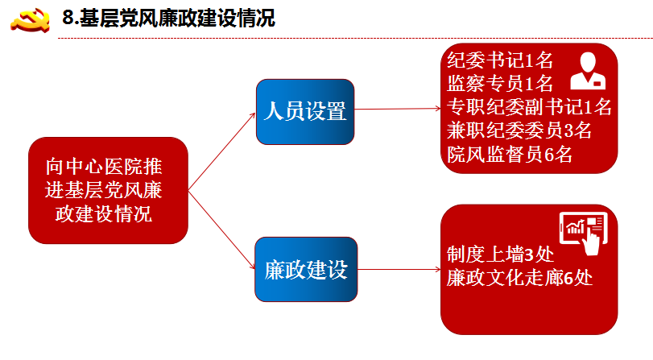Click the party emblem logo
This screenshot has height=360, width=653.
click(30, 19)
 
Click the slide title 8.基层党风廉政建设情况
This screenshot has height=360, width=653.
click(168, 19)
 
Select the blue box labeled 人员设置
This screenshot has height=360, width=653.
click(305, 112)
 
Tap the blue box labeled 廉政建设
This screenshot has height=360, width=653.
click(306, 269)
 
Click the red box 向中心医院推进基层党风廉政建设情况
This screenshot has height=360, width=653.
click(108, 190)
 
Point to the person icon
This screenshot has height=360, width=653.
click(588, 71)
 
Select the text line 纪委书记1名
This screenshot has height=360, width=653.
click(500, 60)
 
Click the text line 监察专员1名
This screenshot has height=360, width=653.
click(500, 84)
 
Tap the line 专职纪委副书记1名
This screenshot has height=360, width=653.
click(529, 107)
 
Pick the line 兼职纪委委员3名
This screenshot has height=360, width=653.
click(519, 130)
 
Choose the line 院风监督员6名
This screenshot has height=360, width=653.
click(510, 154)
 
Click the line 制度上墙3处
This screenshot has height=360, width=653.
click(500, 254)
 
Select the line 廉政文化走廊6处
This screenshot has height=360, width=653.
click(519, 278)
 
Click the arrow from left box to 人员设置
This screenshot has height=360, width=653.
click(221, 151)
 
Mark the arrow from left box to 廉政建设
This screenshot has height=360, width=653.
click(221, 230)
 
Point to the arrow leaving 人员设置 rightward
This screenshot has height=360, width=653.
click(397, 109)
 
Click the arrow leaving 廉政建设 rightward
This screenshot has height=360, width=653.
click(399, 269)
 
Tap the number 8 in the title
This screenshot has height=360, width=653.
click(68, 19)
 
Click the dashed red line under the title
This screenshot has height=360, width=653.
click(355, 39)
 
